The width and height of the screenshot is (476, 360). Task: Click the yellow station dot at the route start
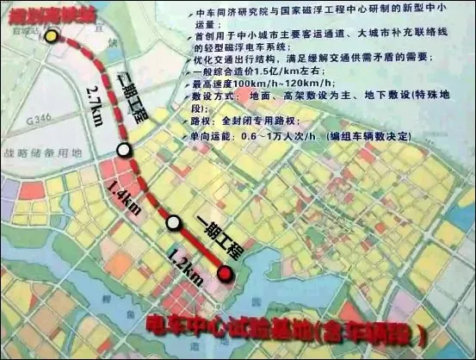pyautogui.click(x=53, y=37)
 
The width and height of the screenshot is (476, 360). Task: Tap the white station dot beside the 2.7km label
pyautogui.click(x=125, y=150)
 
